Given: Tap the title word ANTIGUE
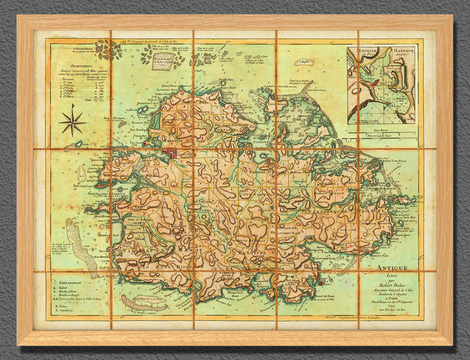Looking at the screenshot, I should [392, 268].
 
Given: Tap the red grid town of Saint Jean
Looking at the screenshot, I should [170, 153].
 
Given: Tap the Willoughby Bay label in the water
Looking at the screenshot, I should [323, 258].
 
